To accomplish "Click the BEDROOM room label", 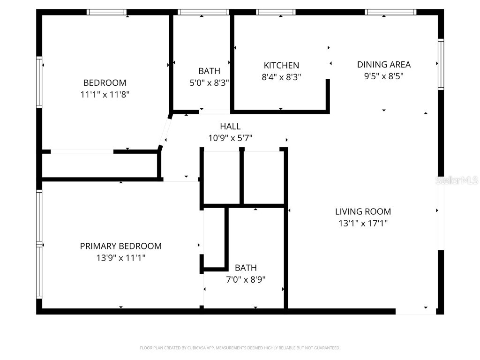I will pyautogui.click(x=105, y=83).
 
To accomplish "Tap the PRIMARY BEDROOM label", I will pyautogui.click(x=120, y=246).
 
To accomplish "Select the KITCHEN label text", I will pyautogui.click(x=281, y=66).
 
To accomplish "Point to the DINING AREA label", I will pyautogui.click(x=383, y=65).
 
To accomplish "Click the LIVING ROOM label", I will pyautogui.click(x=363, y=212).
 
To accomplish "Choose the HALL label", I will pyautogui.click(x=230, y=127).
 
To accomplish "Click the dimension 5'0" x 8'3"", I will pyautogui.click(x=209, y=83).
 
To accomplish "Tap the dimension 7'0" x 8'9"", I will pyautogui.click(x=246, y=280).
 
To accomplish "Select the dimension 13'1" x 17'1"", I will pyautogui.click(x=363, y=224).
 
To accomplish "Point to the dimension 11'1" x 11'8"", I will pyautogui.click(x=105, y=95).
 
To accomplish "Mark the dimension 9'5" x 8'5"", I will pyautogui.click(x=383, y=76).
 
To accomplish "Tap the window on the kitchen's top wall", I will pyautogui.click(x=276, y=12).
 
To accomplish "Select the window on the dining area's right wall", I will pyautogui.click(x=441, y=64).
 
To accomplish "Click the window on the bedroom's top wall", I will pyautogui.click(x=107, y=12).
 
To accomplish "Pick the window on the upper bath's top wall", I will pyautogui.click(x=203, y=12).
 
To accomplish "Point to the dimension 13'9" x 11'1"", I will pyautogui.click(x=120, y=258).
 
